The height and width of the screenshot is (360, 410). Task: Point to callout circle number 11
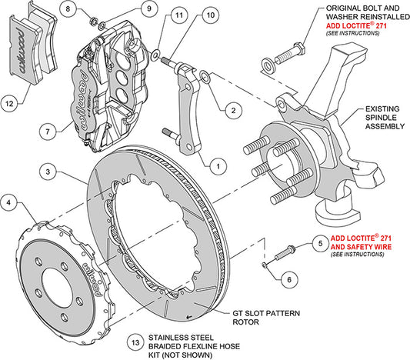[178, 15]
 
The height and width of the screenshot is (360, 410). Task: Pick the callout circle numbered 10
[210, 15]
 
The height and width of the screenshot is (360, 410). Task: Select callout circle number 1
[216, 163]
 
